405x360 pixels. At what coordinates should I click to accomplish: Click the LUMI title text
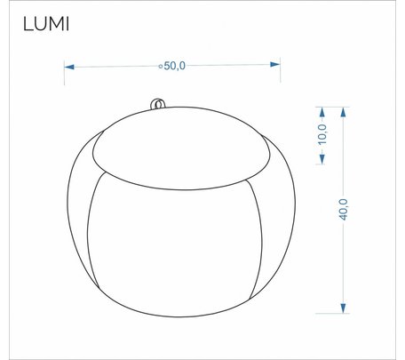click(x=46, y=24)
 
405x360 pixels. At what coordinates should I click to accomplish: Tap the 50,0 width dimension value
click(x=175, y=66)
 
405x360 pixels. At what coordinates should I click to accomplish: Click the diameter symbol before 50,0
click(x=161, y=67)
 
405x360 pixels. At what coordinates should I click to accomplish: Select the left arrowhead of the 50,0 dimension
click(x=69, y=68)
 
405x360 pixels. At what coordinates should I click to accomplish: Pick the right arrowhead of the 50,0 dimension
click(x=275, y=64)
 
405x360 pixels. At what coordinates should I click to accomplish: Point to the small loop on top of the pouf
click(x=157, y=104)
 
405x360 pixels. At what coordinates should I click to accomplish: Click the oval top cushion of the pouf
click(x=181, y=148)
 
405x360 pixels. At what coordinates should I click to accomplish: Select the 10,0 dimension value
click(x=322, y=134)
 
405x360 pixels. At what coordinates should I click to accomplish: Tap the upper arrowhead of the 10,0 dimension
click(x=322, y=112)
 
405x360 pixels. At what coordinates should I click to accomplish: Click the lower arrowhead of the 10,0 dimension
click(x=322, y=159)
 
